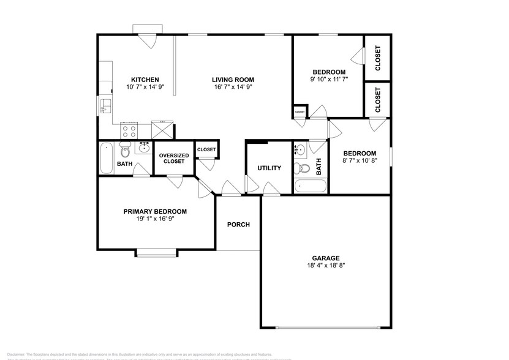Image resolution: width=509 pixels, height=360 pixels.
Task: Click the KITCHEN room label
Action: (x=145, y=80)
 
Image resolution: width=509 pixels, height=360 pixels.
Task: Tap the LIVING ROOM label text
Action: (x=233, y=80)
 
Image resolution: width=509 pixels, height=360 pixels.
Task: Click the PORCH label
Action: (x=238, y=225)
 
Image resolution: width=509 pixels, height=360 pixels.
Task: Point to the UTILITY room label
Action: (x=269, y=168)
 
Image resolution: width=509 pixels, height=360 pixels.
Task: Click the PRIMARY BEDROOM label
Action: (x=155, y=211)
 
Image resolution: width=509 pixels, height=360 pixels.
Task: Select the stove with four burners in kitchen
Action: (x=129, y=130)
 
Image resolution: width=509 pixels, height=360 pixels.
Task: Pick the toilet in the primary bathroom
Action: (x=125, y=149)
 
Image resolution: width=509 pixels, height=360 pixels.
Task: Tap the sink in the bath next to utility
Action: (x=301, y=149)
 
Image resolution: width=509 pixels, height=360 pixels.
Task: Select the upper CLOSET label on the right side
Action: (x=378, y=58)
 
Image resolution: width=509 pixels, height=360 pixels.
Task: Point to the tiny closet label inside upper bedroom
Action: (x=300, y=112)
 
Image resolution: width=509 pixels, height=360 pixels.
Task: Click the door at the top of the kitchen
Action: (x=148, y=38)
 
